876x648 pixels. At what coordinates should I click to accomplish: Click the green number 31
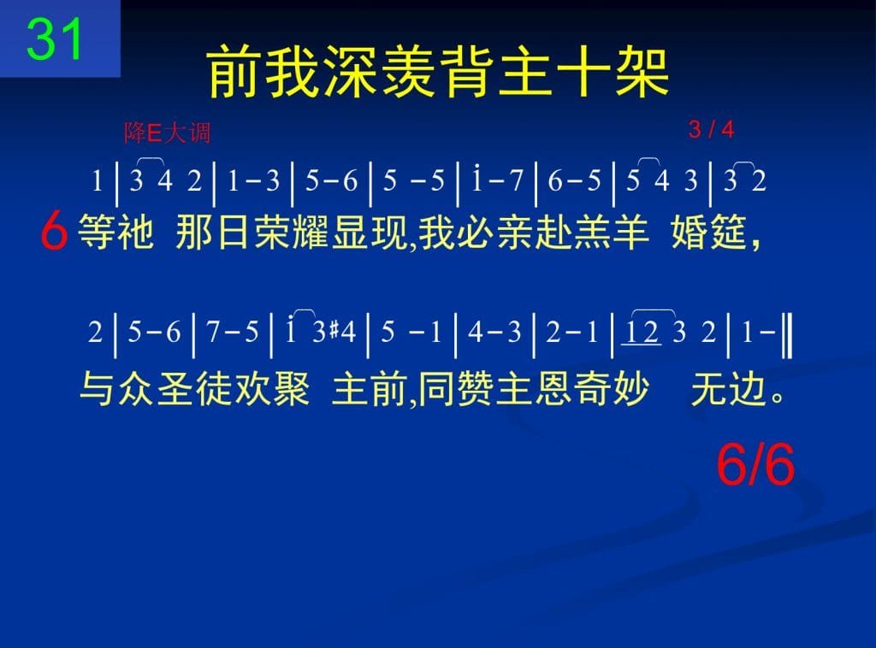click(54, 39)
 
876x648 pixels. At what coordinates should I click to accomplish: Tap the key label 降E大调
click(168, 133)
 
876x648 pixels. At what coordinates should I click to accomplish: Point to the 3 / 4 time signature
click(711, 129)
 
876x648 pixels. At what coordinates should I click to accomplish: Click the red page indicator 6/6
click(755, 464)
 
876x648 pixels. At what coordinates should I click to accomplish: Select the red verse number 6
click(54, 231)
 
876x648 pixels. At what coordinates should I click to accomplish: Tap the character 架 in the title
click(642, 72)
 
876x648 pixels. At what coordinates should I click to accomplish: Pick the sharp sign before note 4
click(334, 331)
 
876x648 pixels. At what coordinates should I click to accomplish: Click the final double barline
click(787, 335)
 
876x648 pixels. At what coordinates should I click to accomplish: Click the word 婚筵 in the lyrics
click(709, 232)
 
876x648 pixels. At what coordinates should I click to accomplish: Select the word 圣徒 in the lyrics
click(194, 388)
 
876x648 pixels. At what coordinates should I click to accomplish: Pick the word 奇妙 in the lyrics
click(612, 388)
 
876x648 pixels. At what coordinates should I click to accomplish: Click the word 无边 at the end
click(728, 388)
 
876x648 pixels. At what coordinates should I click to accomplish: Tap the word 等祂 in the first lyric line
click(116, 232)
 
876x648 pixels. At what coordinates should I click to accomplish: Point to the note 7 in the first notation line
click(516, 180)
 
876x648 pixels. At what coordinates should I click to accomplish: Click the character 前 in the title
click(234, 72)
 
